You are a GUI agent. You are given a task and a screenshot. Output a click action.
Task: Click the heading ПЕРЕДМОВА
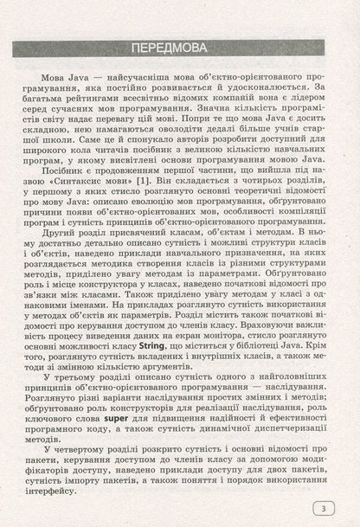180,47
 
